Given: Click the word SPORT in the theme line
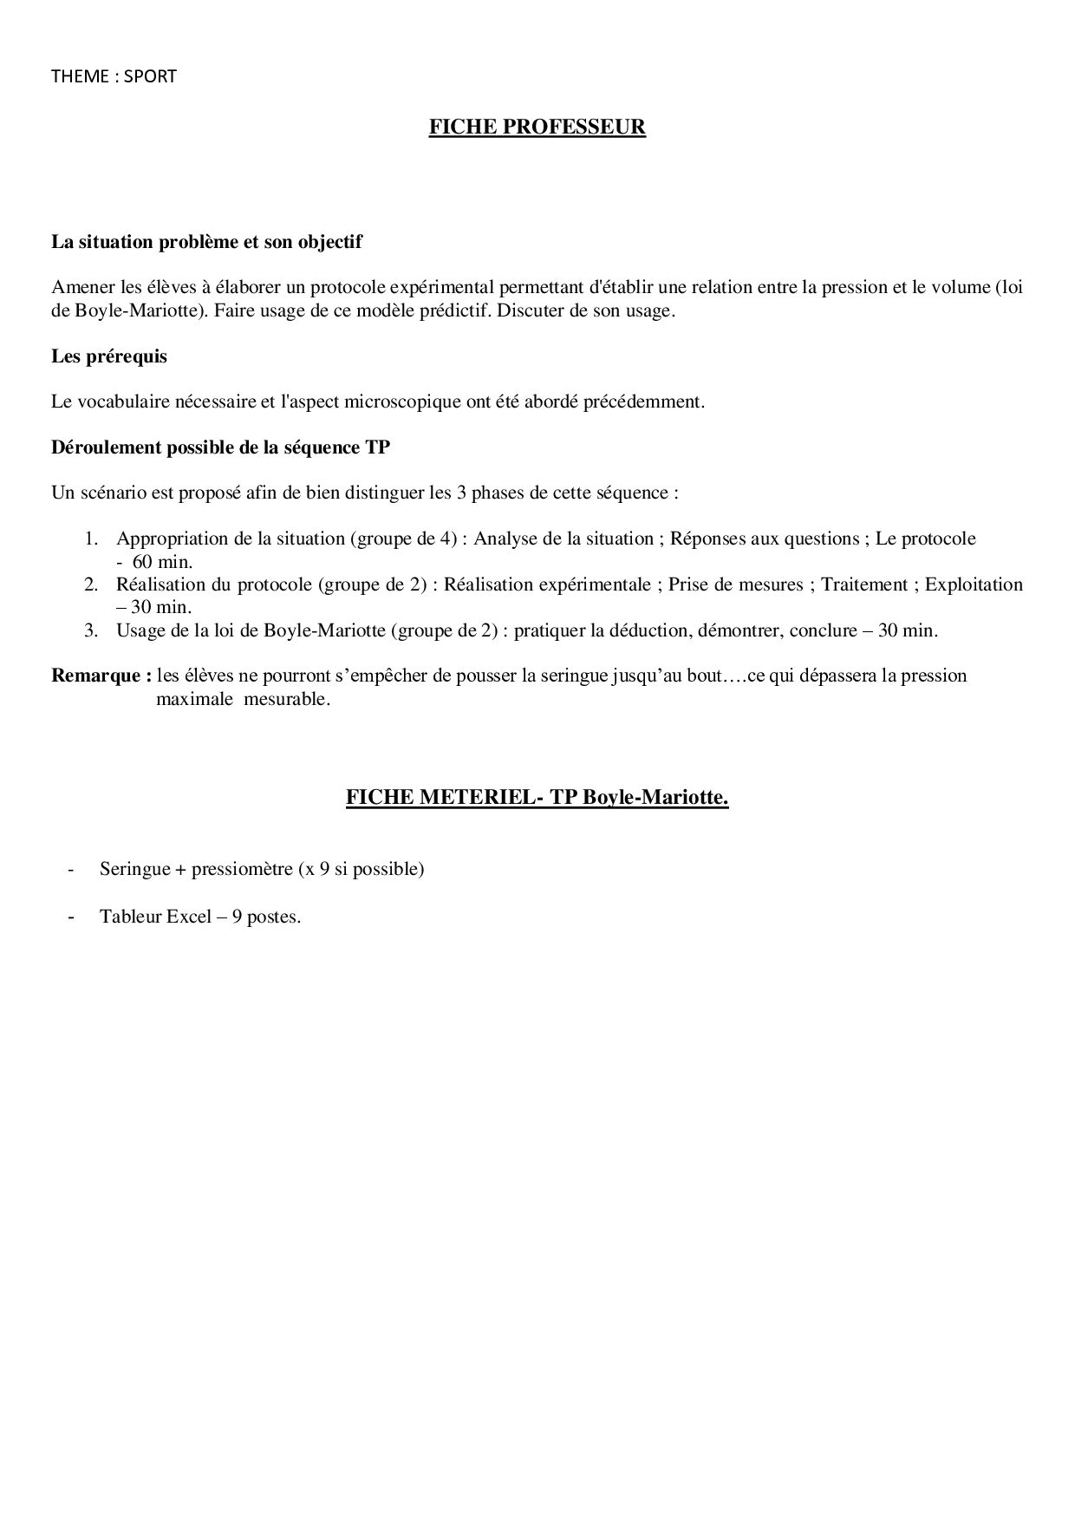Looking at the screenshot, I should (150, 76).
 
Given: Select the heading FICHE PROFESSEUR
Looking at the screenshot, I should (537, 127).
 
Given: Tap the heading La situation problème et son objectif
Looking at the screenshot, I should (206, 242).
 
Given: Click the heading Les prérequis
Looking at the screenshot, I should (109, 356).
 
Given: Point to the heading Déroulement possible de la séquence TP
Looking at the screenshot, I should (220, 447).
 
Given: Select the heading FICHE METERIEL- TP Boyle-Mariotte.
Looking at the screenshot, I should (537, 797).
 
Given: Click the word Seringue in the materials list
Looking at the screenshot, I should (134, 869).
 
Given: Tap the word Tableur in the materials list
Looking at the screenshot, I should (130, 917).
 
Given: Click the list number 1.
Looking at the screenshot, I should (90, 539).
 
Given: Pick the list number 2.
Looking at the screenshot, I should (90, 584).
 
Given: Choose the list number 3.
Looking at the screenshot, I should (90, 630).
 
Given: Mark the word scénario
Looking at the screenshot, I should (115, 493).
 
